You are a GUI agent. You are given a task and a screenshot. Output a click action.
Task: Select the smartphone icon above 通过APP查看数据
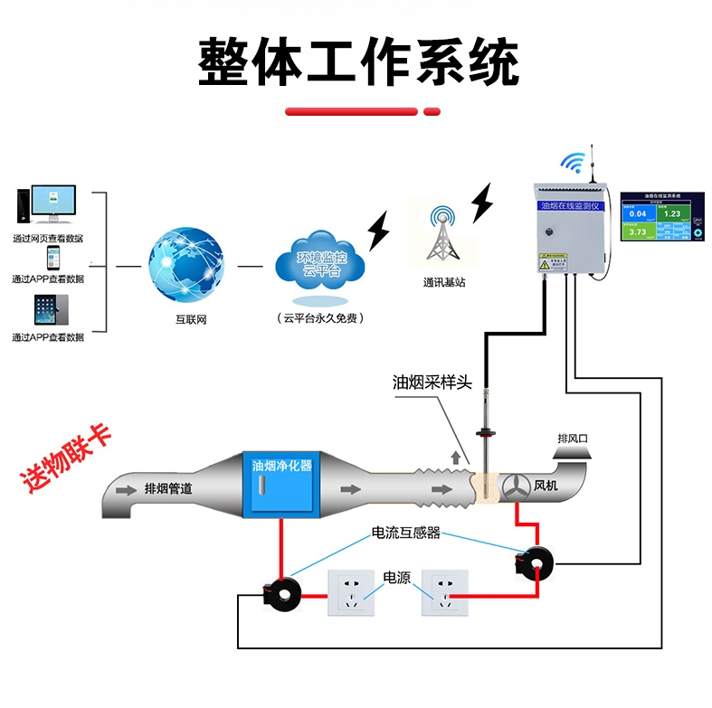pos(52,259)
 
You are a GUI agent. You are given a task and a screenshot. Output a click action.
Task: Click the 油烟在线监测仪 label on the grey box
pos(568,206)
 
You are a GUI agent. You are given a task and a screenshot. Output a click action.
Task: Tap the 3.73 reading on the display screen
pos(638,232)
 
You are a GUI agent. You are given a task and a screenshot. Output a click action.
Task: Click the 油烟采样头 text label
pos(432,382)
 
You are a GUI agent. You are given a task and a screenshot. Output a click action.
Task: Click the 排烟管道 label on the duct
pos(167,488)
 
